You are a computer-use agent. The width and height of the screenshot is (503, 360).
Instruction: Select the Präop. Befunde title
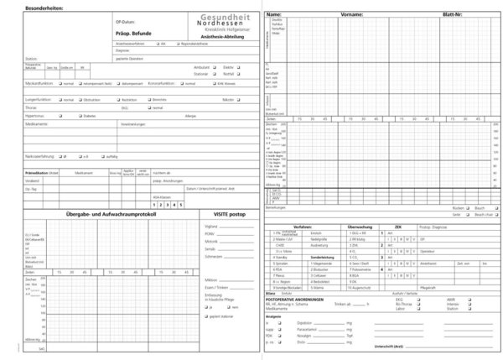click(134, 32)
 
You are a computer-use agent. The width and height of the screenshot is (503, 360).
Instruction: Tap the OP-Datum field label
click(125, 19)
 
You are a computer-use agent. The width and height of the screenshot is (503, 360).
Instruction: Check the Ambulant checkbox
click(212, 66)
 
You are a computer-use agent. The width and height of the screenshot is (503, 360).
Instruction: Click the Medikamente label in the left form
click(38, 123)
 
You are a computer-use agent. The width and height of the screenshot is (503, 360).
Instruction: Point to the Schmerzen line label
click(211, 257)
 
